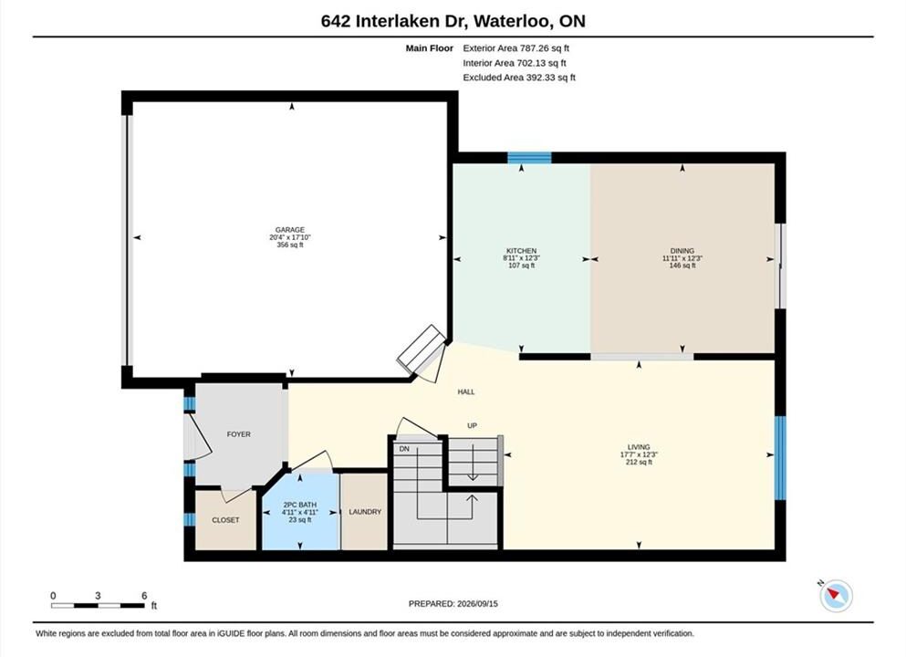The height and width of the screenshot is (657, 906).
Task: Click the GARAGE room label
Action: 289,230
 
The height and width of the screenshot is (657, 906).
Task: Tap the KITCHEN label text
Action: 521,251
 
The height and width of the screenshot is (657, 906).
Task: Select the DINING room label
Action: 682,251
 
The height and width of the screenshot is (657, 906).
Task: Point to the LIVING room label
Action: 639,446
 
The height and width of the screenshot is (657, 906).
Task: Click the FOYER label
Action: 239,434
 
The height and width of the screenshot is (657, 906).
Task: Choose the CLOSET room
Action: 225,520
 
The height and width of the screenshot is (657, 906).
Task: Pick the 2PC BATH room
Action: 300,512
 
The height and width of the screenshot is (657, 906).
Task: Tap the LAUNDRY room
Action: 364,512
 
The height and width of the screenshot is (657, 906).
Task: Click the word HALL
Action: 466,391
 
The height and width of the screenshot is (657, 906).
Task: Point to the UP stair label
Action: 472,426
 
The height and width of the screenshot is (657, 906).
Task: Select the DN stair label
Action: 404,449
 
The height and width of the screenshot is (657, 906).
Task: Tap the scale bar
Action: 98,606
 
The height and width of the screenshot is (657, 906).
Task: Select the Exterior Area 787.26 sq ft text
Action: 516,48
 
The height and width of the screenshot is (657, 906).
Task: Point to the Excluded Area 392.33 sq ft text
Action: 519,78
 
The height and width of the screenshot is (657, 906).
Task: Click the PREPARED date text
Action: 453,604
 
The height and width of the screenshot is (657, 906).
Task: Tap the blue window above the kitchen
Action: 529,158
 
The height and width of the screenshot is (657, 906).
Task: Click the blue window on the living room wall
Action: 780,458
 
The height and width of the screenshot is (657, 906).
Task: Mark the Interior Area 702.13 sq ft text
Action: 515,63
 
